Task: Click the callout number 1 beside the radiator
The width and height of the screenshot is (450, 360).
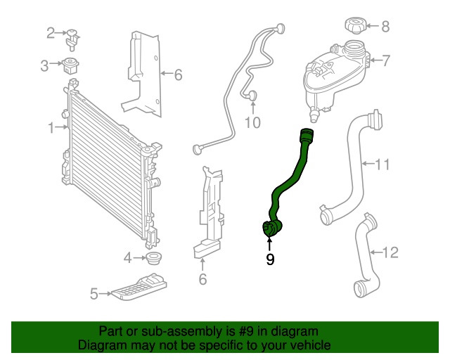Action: [51, 127]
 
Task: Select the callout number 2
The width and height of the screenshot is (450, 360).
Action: [51, 32]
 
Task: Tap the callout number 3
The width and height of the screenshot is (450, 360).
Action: [44, 66]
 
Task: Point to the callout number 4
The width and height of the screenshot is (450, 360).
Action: [128, 258]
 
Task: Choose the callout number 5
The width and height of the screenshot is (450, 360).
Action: [94, 295]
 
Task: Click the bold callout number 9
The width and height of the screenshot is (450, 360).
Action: [270, 259]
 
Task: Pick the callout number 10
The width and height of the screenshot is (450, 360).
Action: [252, 123]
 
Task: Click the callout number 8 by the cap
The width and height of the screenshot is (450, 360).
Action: [385, 27]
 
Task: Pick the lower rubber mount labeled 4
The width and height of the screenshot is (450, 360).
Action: [155, 257]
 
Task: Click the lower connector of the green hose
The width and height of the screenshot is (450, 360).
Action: [271, 229]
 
